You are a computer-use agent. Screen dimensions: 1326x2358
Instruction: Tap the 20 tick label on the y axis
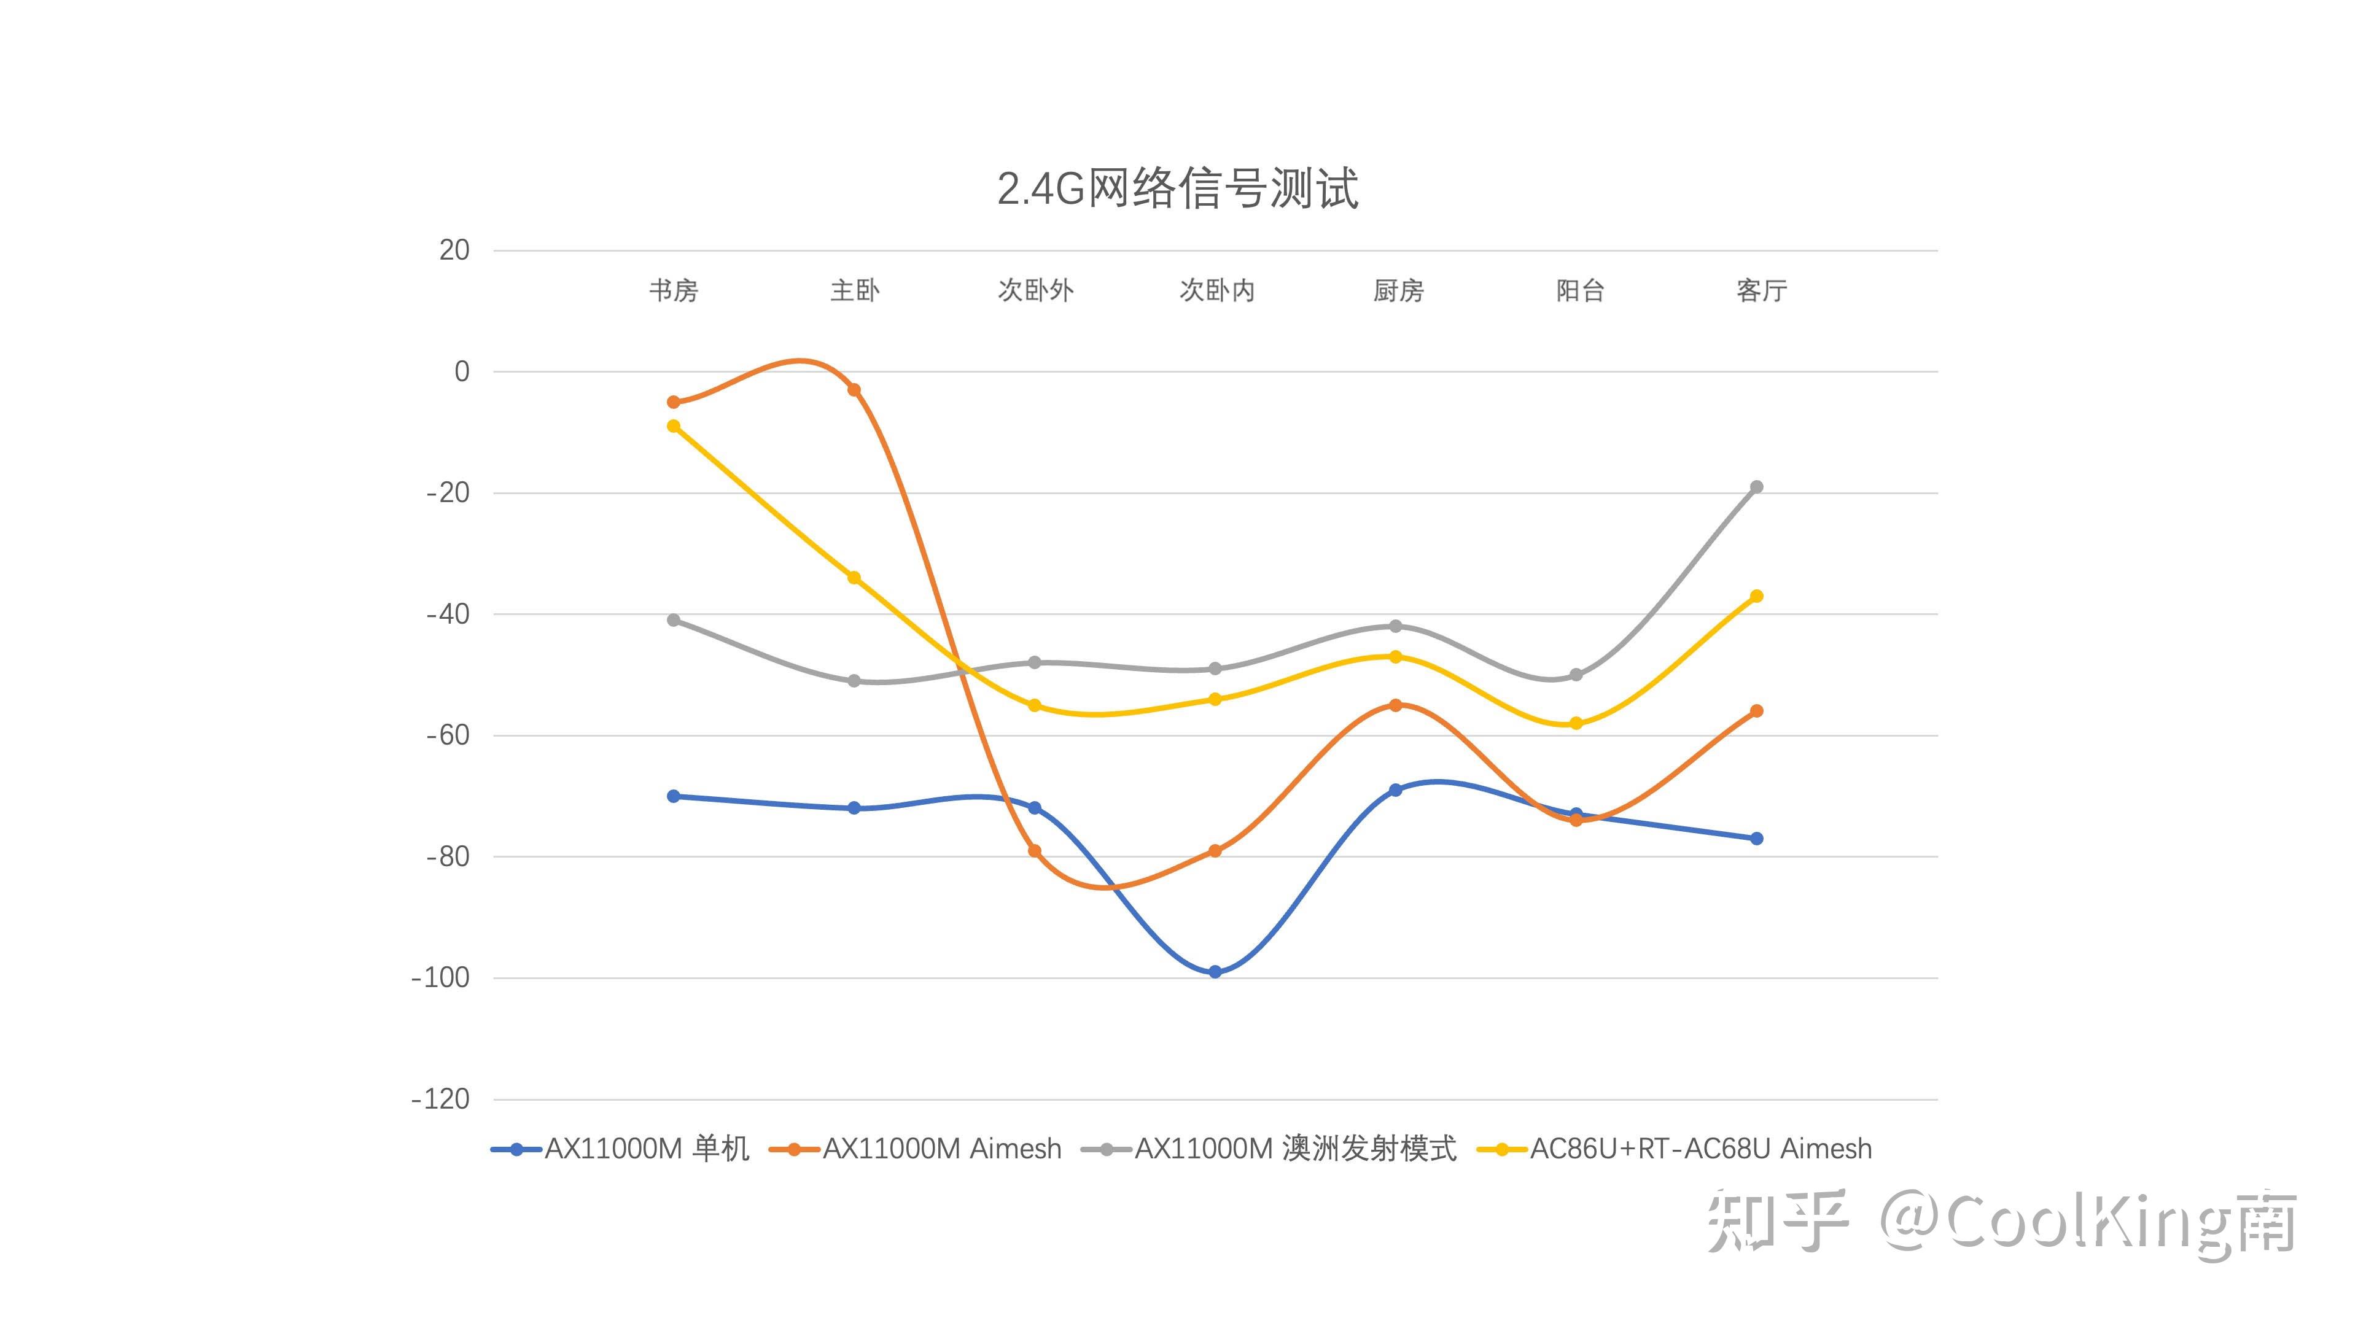point(454,250)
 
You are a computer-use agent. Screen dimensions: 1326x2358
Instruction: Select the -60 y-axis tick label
point(448,735)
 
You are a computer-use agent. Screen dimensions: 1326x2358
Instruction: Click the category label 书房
point(674,291)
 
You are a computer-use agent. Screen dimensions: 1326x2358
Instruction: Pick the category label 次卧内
point(1216,291)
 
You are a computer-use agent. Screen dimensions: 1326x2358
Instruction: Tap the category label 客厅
point(1761,291)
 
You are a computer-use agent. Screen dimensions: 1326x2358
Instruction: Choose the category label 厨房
point(1398,291)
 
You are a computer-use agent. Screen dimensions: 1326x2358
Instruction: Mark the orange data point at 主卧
point(854,390)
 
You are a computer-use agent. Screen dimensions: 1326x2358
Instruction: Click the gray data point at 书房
point(674,621)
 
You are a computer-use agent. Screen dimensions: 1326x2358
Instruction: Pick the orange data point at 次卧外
point(1034,851)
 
